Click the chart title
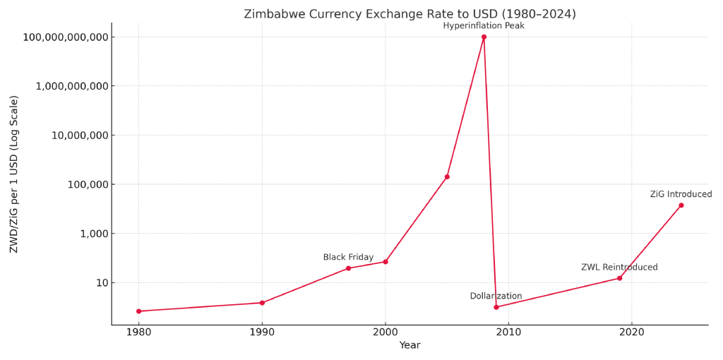click(410, 14)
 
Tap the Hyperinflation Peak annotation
click(484, 26)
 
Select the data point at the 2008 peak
click(484, 37)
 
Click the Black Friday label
click(348, 258)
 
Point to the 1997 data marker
click(348, 268)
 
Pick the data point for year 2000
click(386, 262)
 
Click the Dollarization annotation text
click(496, 296)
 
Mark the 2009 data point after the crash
click(496, 307)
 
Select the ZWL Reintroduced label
click(619, 268)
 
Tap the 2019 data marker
click(619, 278)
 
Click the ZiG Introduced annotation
click(681, 195)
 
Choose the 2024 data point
click(681, 205)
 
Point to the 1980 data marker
click(138, 311)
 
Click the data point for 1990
click(262, 303)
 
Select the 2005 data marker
click(447, 176)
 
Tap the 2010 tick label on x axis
click(508, 332)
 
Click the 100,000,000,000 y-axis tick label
click(66, 37)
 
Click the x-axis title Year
click(410, 346)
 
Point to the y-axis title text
click(14, 174)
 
